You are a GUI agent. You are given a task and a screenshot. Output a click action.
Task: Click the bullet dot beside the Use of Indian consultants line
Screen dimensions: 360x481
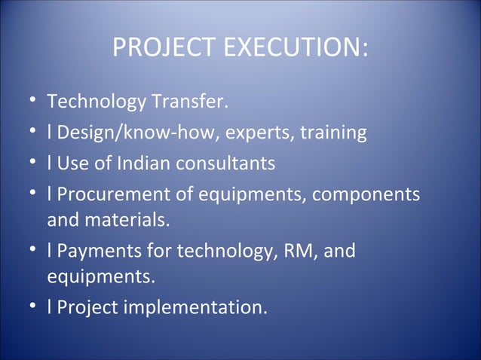[28, 163]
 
